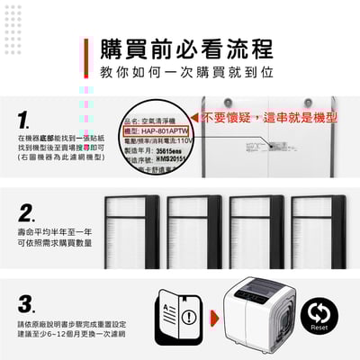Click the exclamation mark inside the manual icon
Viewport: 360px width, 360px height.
click(x=186, y=317)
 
